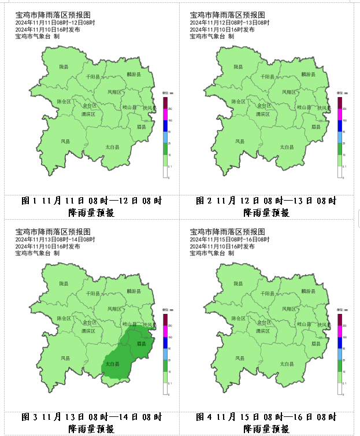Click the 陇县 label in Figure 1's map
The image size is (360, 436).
[64, 68]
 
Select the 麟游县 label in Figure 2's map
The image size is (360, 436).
[309, 75]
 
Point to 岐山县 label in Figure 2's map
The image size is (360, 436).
[304, 107]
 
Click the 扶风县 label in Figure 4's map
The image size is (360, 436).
[324, 324]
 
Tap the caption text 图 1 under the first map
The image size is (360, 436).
[29, 201]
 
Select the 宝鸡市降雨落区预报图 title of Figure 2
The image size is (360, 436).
[227, 14]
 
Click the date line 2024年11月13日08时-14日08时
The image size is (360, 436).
[54, 239]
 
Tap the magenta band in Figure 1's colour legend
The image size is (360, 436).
[165, 114]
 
